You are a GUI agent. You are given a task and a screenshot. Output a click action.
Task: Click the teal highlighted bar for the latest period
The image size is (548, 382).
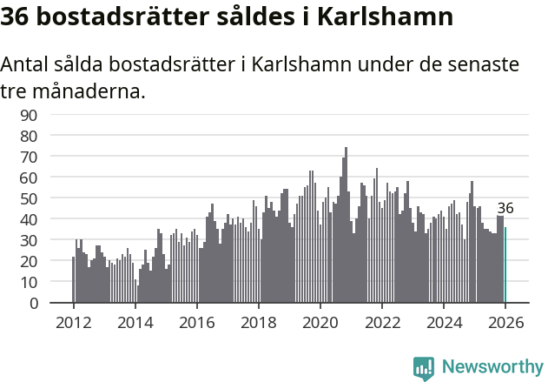pos(505,265)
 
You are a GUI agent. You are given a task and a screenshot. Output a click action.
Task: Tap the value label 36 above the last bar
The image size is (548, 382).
pos(505,208)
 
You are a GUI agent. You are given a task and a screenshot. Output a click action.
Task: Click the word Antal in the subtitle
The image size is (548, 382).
pos(27,65)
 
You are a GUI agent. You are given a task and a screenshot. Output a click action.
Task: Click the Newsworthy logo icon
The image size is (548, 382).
pos(424,367)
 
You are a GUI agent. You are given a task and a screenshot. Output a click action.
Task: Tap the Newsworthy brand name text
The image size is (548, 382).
pos(492,367)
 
